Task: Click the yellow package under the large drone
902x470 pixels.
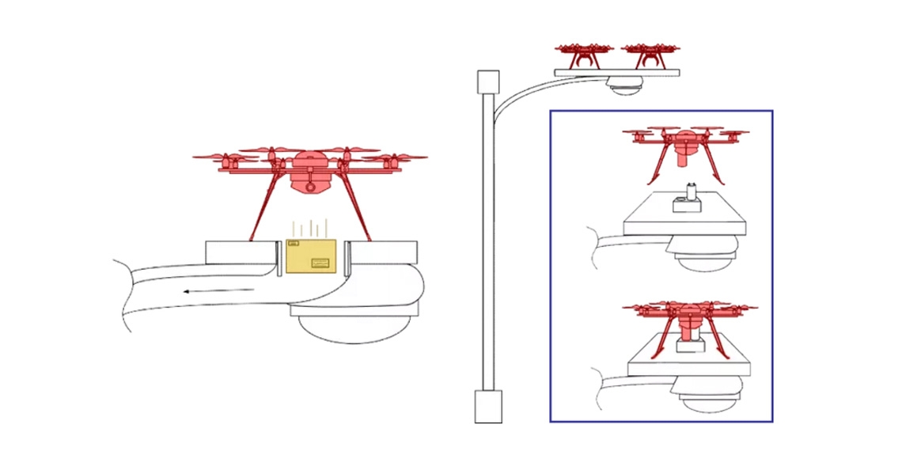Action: (313, 256)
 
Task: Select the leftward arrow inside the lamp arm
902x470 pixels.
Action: (218, 291)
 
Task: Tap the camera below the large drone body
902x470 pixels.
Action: (309, 186)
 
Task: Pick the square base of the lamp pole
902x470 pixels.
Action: (488, 406)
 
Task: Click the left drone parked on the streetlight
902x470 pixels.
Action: (584, 55)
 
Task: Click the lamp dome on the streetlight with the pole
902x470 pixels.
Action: (624, 87)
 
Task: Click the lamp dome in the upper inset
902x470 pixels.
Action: (706, 254)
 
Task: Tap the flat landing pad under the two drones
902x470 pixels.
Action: (617, 72)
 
